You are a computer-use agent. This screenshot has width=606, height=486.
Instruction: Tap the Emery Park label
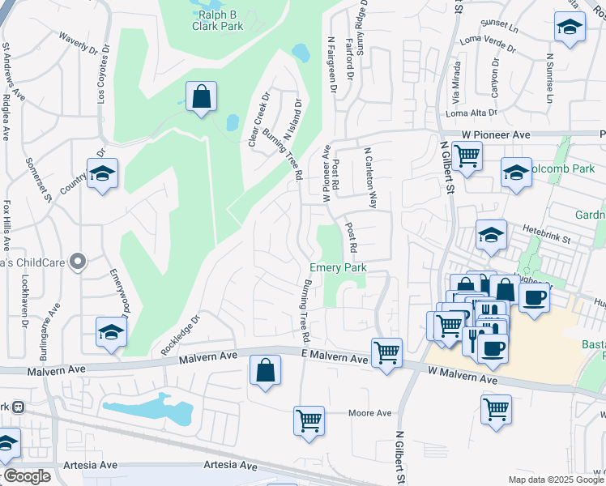pos(339,267)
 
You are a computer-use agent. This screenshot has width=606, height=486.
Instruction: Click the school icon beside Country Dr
pos(102,174)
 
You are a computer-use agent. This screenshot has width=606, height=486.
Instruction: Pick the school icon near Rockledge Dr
pos(111,332)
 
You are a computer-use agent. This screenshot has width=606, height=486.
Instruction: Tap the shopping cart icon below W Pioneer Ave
pos(467,155)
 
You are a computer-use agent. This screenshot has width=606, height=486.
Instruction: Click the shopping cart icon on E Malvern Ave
pos(387,352)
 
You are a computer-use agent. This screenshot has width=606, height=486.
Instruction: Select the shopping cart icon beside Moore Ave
pos(309,421)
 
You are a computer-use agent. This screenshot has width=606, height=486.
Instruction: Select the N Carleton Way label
pos(371,177)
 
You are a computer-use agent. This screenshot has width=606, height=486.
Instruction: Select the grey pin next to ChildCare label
pos(77,261)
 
